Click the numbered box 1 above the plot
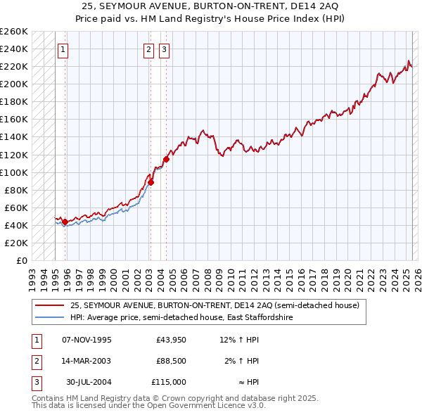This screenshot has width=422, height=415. coord(63,50)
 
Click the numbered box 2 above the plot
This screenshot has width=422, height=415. coord(149,50)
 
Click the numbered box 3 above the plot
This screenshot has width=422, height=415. coord(164,50)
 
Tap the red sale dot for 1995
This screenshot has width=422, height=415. coord(65,222)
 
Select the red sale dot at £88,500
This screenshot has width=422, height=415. coord(151,182)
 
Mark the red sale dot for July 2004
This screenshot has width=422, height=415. coord(167,159)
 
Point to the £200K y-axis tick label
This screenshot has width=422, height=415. coord(14,84)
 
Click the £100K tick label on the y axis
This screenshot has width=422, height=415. coord(14,172)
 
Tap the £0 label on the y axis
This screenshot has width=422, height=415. coord(21,260)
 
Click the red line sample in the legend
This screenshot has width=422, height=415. coord(49,305)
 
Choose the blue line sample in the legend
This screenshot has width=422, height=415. coord(49,318)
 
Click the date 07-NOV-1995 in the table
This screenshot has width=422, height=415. coord(87,340)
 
